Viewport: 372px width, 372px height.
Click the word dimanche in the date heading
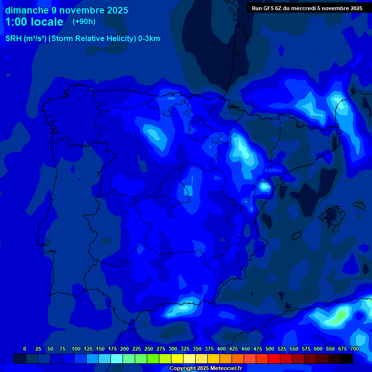pos(27,10)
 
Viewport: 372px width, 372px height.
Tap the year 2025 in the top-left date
pos(115,10)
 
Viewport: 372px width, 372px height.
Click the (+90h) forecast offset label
pos(84,22)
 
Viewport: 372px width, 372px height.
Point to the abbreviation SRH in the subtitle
pos(14,39)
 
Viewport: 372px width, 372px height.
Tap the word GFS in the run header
pos(268,8)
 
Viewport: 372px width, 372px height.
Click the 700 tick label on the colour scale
pos(355,349)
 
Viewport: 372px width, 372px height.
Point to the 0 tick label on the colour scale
pos(25,349)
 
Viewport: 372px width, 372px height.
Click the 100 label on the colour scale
pos(76,349)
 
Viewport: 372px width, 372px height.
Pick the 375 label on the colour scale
pos(209,349)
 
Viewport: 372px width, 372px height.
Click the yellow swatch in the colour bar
pos(177,359)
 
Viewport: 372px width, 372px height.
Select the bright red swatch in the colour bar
pos(274,359)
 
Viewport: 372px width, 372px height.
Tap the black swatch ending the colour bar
pos(347,359)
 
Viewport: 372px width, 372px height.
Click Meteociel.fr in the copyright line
pos(227,369)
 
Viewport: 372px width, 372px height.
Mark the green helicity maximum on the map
pos(340,316)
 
